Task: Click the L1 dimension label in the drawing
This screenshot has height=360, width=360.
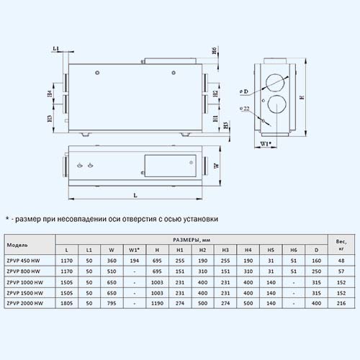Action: tap(56, 48)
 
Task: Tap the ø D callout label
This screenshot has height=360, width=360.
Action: tap(243, 91)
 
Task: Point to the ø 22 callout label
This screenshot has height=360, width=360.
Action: tap(245, 109)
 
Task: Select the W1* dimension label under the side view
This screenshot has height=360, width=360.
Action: tap(266, 144)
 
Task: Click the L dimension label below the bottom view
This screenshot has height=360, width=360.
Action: tap(135, 195)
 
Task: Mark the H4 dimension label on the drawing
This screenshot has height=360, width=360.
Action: tap(50, 94)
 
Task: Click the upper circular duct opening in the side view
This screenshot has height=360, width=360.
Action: tap(275, 83)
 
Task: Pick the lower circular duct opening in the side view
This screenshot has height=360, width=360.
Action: tap(276, 104)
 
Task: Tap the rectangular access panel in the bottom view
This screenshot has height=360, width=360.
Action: tap(171, 166)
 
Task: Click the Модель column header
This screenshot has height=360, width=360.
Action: tap(17, 245)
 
